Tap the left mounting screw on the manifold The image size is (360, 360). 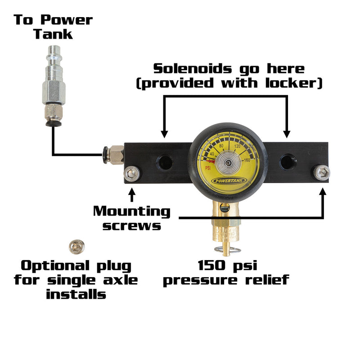(132, 172)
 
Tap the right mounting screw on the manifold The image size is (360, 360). (323, 171)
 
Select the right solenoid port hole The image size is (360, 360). (288, 162)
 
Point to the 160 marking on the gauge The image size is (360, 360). (246, 160)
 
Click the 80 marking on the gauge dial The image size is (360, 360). (221, 146)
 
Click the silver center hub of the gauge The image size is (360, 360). (227, 164)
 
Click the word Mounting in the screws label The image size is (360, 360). (132, 211)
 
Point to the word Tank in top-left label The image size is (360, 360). (53, 34)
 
